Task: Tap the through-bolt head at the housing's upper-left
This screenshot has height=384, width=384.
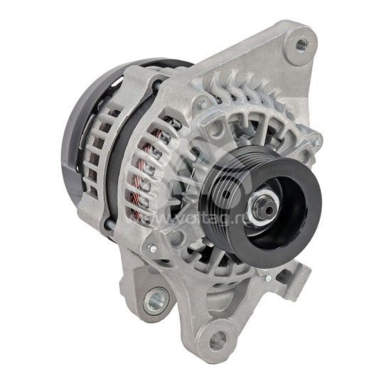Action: (x=203, y=104)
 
